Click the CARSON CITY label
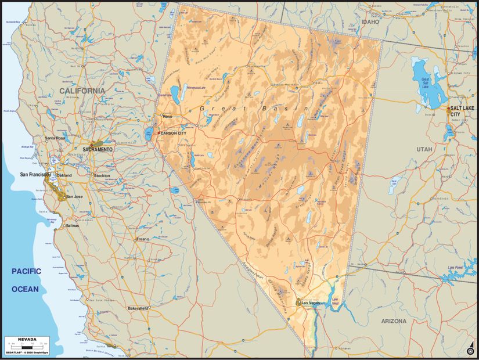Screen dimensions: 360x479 174,133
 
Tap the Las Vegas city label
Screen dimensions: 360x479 311,303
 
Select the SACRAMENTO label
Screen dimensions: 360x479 98,149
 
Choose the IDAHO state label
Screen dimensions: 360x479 370,21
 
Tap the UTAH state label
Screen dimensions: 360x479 424,149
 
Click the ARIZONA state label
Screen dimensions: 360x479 398,321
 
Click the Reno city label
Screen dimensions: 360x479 168,116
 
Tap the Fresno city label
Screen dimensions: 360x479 143,239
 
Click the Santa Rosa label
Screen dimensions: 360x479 56,138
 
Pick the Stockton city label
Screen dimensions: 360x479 102,175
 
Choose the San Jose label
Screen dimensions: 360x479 75,196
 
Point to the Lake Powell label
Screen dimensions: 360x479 455,268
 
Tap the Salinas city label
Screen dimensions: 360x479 71,225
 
